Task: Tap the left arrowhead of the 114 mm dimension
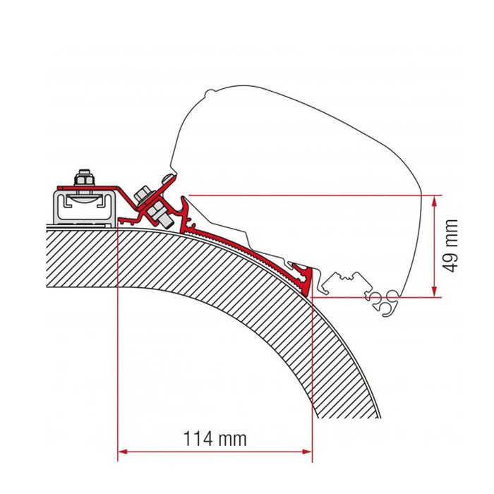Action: click(122, 450)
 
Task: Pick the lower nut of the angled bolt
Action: click(164, 218)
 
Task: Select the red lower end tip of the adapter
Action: click(305, 282)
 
